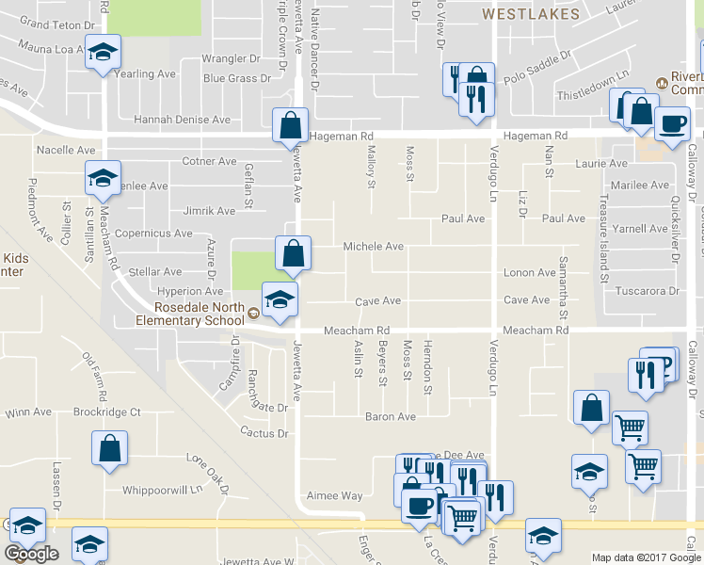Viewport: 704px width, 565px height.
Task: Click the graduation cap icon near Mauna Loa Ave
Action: [103, 52]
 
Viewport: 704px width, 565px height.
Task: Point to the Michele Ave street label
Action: [373, 247]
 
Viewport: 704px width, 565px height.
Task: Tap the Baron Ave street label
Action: [391, 416]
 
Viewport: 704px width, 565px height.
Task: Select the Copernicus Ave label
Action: [154, 234]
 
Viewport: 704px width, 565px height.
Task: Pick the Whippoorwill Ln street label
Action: [163, 490]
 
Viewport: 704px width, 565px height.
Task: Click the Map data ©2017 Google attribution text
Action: [646, 557]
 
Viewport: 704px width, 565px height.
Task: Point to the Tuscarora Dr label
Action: [647, 291]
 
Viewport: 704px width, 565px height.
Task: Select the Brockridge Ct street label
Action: [108, 412]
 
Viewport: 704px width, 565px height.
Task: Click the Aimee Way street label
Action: [334, 495]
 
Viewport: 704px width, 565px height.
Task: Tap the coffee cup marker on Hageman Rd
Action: [671, 124]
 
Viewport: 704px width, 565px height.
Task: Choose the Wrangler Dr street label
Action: [231, 59]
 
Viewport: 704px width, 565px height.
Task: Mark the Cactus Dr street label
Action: [264, 433]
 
